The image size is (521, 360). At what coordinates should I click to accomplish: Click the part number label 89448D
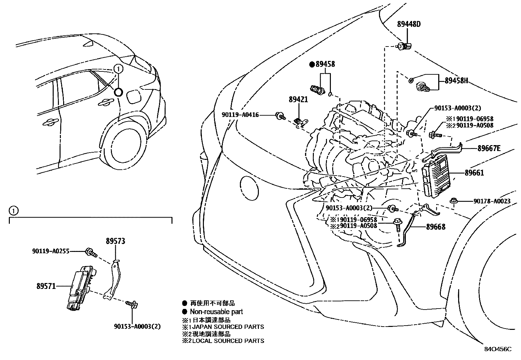tap(409, 24)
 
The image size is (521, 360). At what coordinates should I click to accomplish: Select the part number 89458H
tap(456, 81)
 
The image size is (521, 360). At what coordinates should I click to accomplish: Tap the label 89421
tap(298, 99)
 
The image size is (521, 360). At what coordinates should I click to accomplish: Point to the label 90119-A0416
tap(240, 115)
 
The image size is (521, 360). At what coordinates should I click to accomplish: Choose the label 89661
tap(474, 173)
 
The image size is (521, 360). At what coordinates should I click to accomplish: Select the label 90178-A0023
tap(492, 201)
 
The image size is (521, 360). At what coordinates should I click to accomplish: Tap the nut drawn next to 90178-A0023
tap(454, 201)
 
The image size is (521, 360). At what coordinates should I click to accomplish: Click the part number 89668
tap(436, 227)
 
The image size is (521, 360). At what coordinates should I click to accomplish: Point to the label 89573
tap(115, 241)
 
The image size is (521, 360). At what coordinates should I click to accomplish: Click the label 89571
tap(46, 286)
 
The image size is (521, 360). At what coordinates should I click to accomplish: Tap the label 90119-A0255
tap(50, 251)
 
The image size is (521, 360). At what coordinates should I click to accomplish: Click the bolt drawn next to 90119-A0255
tap(91, 253)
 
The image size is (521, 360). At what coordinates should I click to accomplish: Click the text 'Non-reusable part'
tap(216, 312)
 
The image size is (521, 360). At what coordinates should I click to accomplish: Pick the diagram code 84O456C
tap(498, 349)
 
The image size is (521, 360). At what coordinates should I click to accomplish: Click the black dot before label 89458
tap(312, 65)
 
